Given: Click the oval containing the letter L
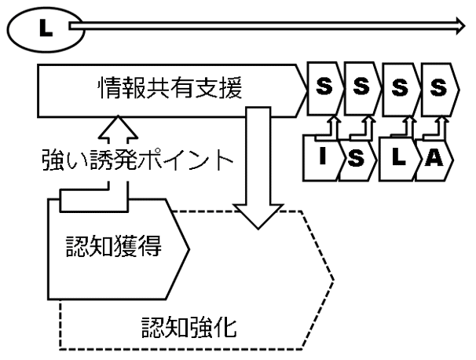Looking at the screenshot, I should pyautogui.click(x=40, y=29).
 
